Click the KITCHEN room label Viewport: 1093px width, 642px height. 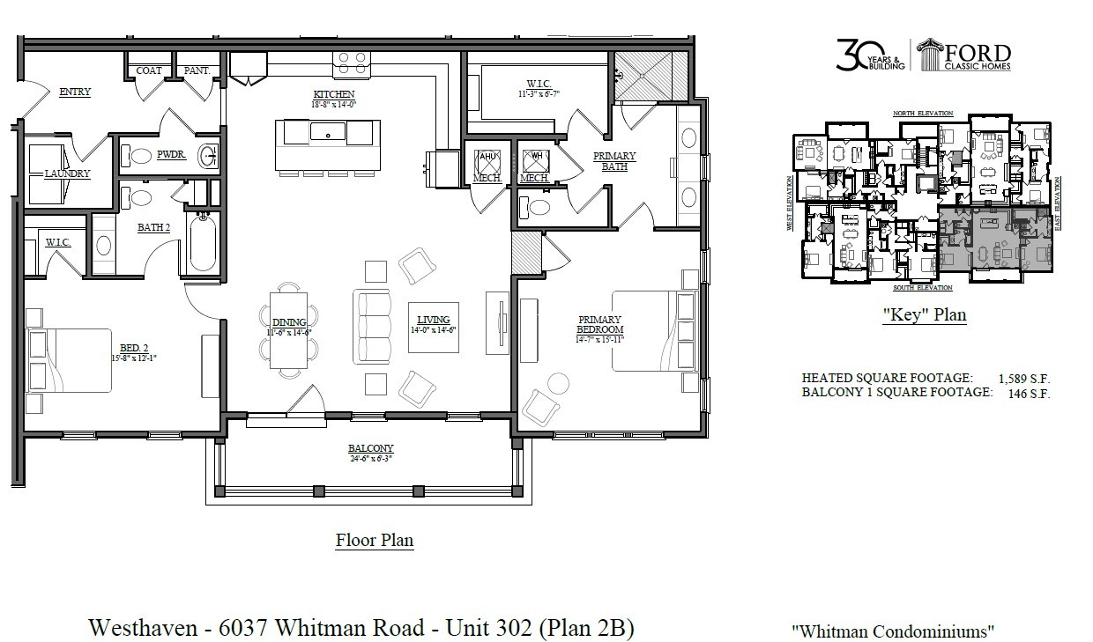tap(334, 94)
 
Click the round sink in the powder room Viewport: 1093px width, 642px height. tap(209, 157)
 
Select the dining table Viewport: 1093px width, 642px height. tap(289, 328)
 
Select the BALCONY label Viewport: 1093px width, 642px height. tap(370, 447)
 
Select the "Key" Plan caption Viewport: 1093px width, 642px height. tap(923, 315)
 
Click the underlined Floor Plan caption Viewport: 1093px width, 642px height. tap(374, 540)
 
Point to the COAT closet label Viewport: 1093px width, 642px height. tap(148, 70)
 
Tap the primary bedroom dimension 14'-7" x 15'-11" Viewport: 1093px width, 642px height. tap(600, 338)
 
